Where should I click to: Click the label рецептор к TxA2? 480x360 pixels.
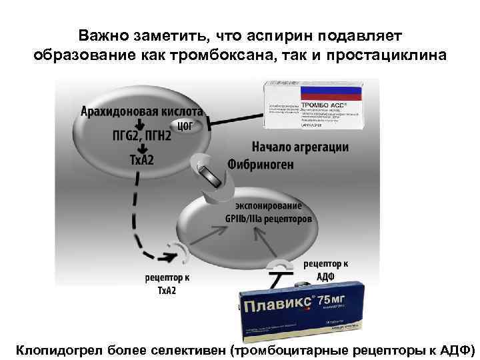pyautogui.click(x=167, y=283)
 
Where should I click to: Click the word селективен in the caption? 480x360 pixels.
pyautogui.click(x=187, y=349)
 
